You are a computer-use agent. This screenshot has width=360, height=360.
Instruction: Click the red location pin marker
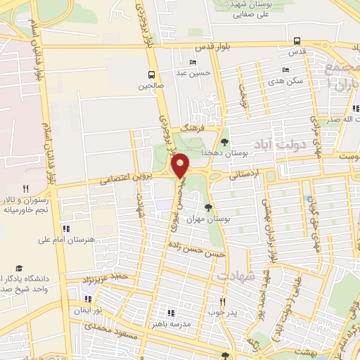[181, 165]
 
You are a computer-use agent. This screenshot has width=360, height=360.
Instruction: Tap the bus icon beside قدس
[297, 41]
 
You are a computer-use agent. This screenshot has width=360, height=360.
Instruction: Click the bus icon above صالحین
[151, 75]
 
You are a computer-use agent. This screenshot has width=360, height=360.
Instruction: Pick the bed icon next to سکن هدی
[285, 70]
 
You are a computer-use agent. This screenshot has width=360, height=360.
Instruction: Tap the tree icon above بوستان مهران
[207, 207]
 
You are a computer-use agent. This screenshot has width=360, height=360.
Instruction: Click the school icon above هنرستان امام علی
[67, 228]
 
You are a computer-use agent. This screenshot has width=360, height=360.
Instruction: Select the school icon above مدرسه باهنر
[169, 312]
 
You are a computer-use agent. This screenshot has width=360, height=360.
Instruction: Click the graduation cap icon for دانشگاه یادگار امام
[19, 269]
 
